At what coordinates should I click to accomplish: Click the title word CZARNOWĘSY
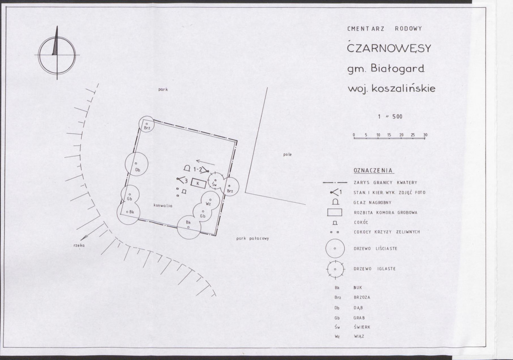(389, 48)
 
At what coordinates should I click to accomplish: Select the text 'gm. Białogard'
(386, 68)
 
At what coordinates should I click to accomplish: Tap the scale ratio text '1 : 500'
(390, 117)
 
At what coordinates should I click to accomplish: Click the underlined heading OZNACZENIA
(373, 171)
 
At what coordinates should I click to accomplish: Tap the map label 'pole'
(287, 155)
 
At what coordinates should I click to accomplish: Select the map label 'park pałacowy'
(253, 238)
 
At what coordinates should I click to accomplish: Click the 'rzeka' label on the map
(79, 245)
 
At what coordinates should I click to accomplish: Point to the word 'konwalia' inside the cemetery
(163, 205)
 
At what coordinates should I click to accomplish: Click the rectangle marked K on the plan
(199, 184)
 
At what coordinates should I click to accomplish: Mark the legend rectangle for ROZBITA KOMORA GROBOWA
(335, 213)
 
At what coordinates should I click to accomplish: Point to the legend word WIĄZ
(359, 336)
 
